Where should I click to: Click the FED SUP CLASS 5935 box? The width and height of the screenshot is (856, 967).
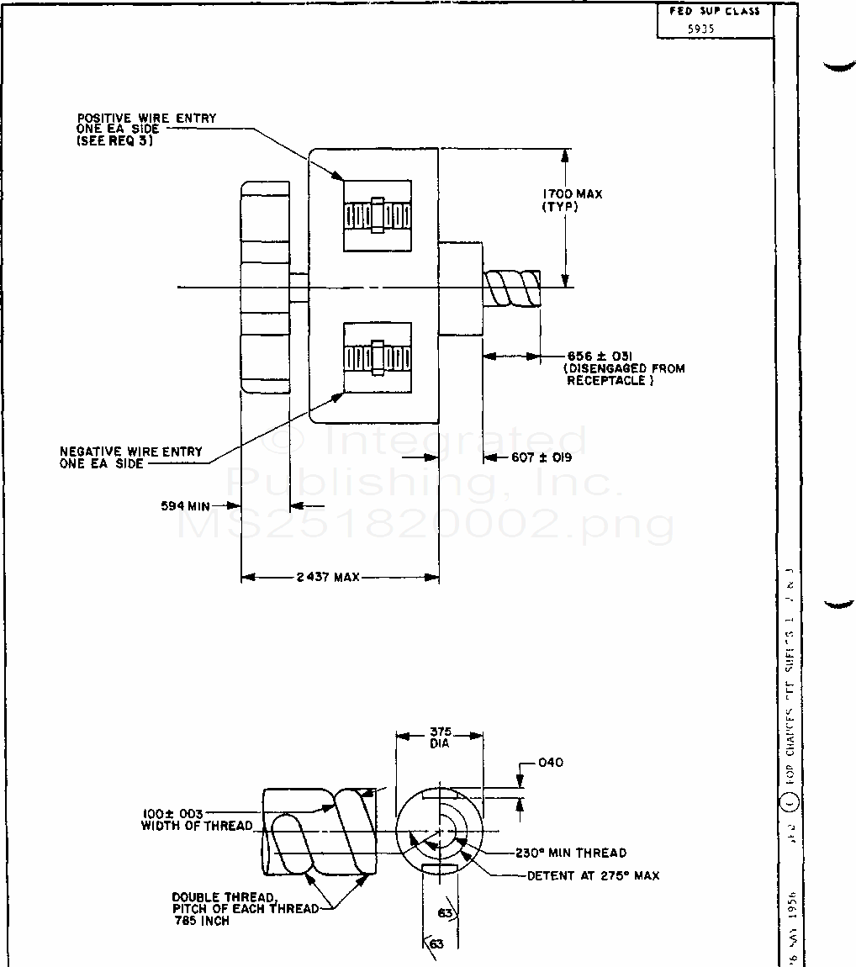click(x=715, y=19)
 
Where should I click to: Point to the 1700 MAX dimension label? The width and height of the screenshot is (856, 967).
click(x=572, y=194)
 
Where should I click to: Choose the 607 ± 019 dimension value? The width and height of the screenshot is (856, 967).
click(x=542, y=458)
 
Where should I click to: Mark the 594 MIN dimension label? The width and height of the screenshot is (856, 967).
click(x=185, y=506)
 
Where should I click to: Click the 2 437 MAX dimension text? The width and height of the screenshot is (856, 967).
click(x=328, y=577)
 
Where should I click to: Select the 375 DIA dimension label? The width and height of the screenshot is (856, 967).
click(x=439, y=737)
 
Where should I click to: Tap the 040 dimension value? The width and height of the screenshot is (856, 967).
click(x=550, y=763)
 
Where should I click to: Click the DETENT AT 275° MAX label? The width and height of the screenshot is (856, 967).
click(x=593, y=875)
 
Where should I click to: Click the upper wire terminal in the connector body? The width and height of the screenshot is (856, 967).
click(x=378, y=215)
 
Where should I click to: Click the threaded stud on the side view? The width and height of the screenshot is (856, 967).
click(x=511, y=288)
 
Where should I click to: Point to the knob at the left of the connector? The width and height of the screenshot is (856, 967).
click(x=265, y=287)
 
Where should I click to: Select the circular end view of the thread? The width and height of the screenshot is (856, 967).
click(x=439, y=832)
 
